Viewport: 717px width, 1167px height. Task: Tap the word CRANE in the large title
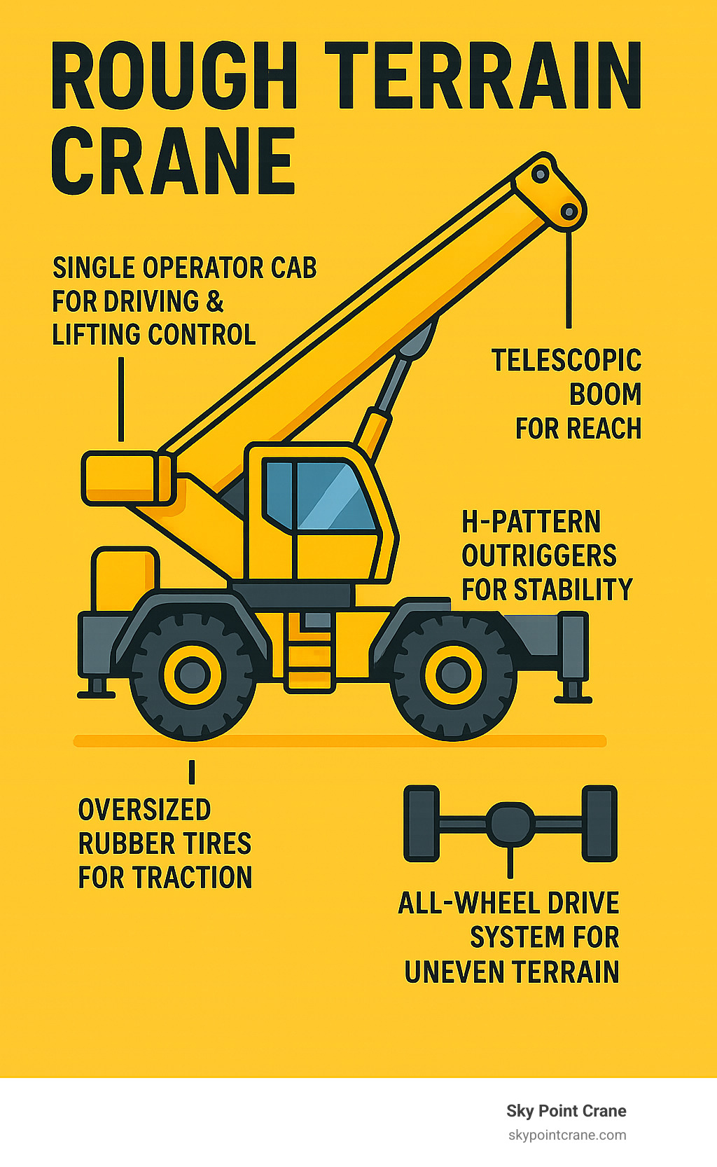tap(174, 161)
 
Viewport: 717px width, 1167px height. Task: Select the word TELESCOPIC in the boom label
tap(566, 361)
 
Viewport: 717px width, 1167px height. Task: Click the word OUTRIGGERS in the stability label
tap(539, 555)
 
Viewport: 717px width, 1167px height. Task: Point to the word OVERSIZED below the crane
tap(145, 810)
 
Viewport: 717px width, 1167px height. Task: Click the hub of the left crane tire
tap(192, 675)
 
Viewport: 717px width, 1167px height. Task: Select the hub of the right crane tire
tap(454, 675)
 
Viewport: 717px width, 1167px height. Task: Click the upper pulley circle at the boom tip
tap(541, 174)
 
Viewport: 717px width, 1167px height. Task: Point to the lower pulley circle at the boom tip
tap(569, 212)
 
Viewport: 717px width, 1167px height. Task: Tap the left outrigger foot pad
tap(97, 694)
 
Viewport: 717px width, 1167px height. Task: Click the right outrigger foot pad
tap(573, 700)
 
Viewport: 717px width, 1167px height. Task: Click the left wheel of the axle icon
tap(422, 824)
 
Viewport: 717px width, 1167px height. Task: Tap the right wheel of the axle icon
tap(599, 824)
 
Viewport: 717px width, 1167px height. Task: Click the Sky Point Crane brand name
tap(566, 1111)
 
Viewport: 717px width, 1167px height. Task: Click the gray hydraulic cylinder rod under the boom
tap(394, 383)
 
